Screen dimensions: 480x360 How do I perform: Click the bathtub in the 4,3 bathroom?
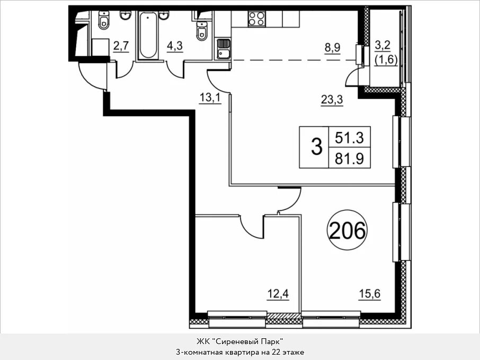pos(148,35)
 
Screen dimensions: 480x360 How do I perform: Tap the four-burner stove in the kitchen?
pos(256,19)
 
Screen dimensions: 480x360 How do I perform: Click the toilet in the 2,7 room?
pos(104,20)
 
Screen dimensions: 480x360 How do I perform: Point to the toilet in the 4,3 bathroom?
pos(201,31)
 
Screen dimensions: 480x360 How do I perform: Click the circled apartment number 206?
pos(347,230)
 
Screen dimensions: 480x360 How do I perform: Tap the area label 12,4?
pos(278,294)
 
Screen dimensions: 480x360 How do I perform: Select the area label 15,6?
pos(369,294)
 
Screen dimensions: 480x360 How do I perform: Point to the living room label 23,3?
pos(332,100)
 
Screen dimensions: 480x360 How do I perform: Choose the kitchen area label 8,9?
pos(332,48)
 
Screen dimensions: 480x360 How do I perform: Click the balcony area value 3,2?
pos(383,46)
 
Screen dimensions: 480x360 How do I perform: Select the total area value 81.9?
pos(349,159)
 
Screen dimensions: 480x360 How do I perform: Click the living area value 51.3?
pos(349,137)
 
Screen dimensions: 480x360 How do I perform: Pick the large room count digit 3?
pos(316,147)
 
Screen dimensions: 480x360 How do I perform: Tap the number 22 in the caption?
pos(275,352)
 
